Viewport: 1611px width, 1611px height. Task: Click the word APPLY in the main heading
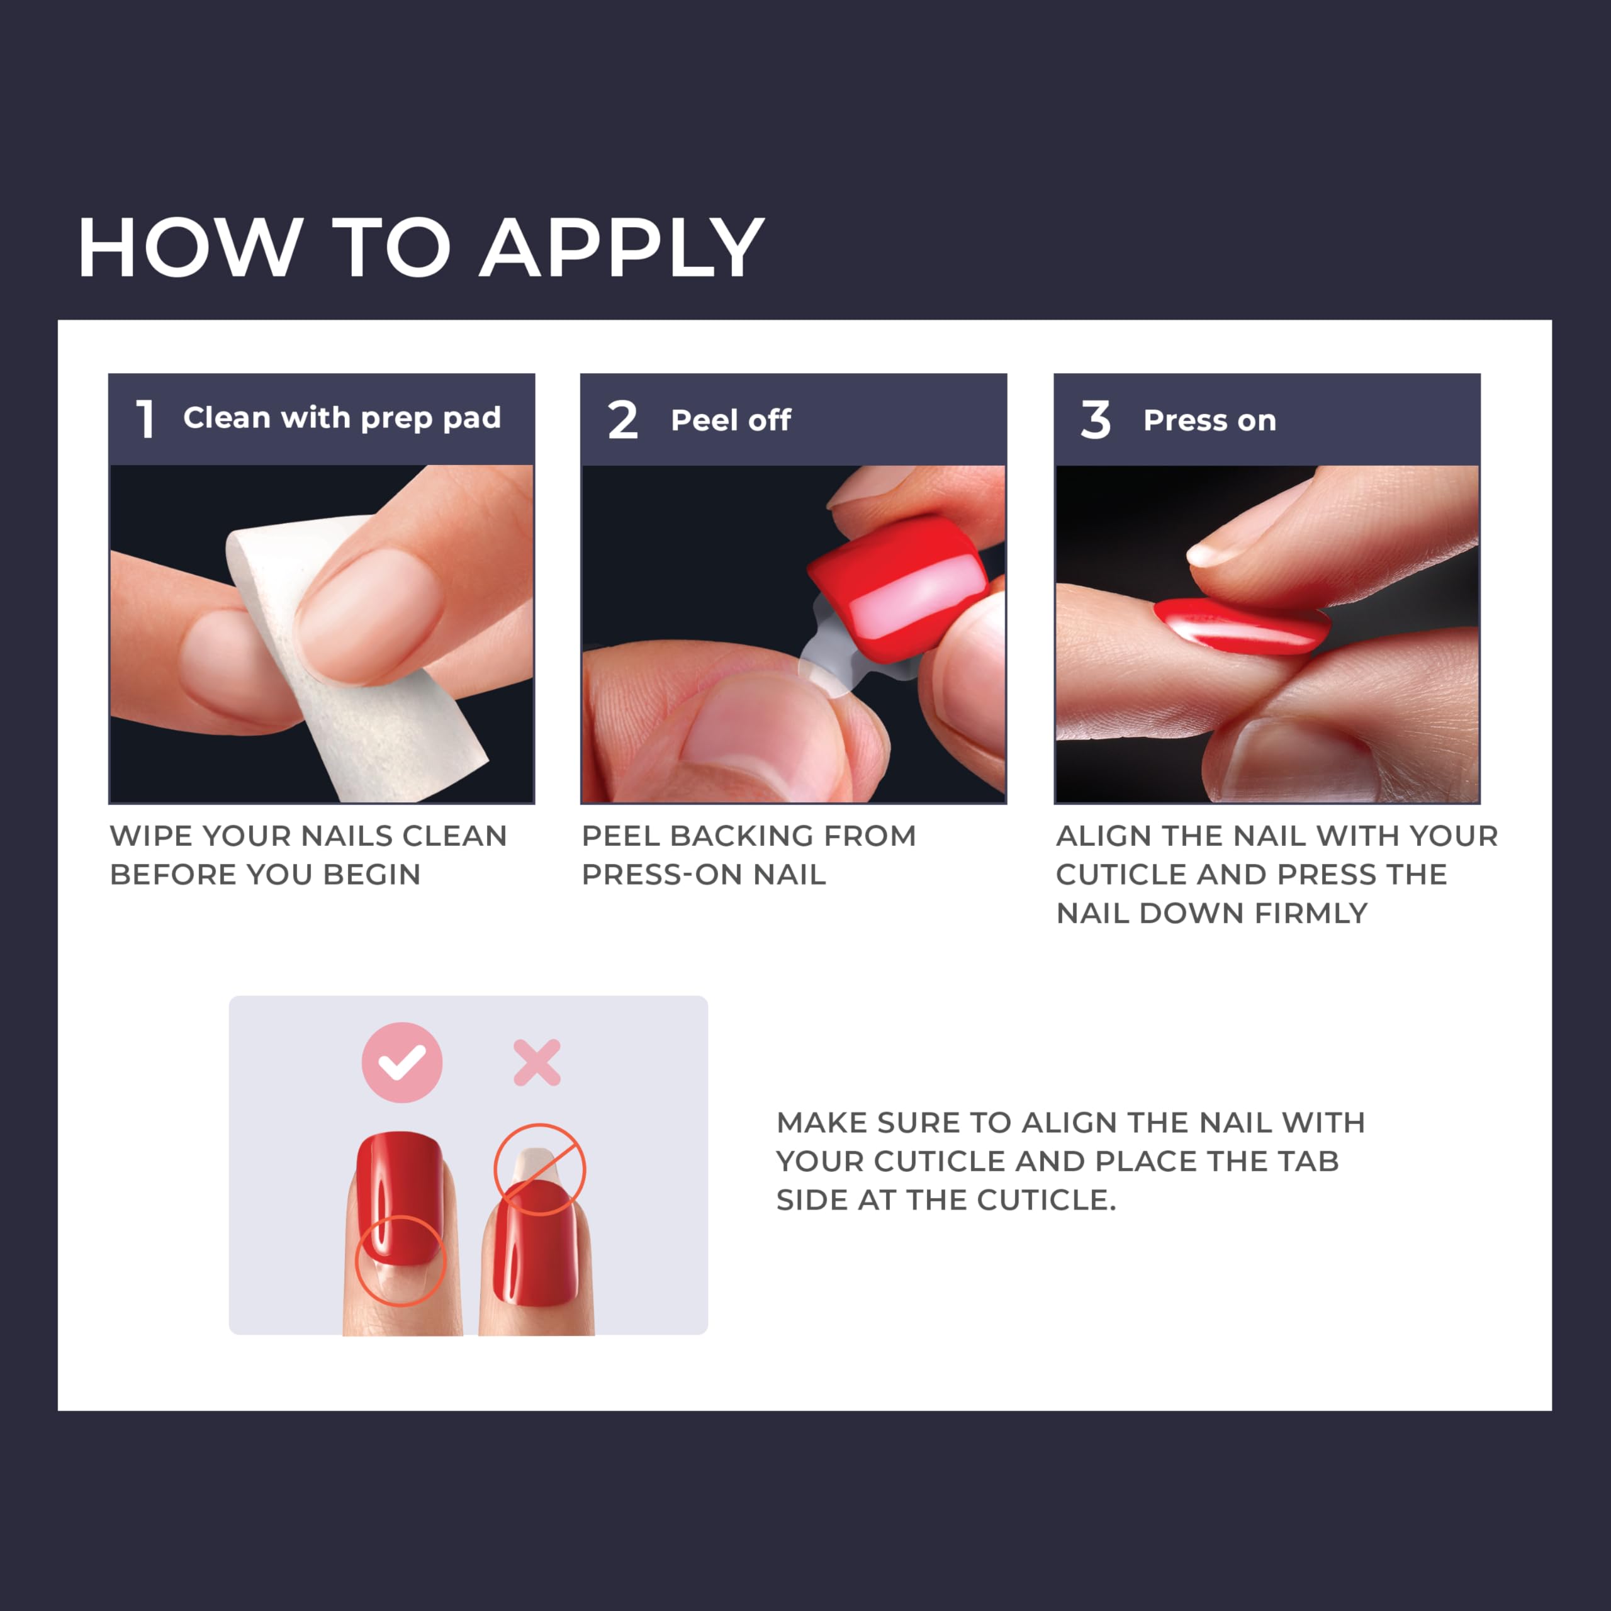[x=621, y=248]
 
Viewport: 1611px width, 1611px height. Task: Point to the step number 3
[x=1096, y=420]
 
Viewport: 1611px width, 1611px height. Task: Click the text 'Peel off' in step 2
[x=731, y=420]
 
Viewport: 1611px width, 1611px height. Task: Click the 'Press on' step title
[x=1209, y=420]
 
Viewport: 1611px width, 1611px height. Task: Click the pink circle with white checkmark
[x=402, y=1062]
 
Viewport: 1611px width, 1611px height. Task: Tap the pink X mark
[x=537, y=1062]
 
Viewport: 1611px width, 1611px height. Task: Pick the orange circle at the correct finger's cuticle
[x=401, y=1260]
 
